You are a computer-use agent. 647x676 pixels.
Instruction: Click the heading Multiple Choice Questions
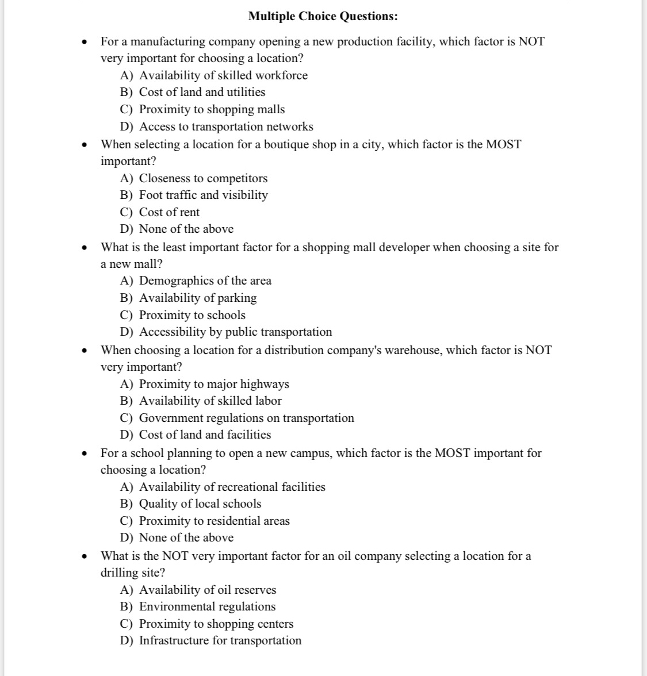(x=323, y=16)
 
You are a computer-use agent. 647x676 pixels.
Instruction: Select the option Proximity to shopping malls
(x=212, y=109)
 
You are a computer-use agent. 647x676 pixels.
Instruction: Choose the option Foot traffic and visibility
(x=203, y=195)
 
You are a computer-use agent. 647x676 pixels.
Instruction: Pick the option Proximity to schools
(x=192, y=315)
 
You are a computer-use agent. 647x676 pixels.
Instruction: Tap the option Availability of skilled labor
(x=210, y=401)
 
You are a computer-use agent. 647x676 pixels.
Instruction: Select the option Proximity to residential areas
(x=214, y=521)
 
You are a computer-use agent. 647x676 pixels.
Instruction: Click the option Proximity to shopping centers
(x=216, y=624)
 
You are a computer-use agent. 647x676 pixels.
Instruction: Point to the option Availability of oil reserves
(x=207, y=590)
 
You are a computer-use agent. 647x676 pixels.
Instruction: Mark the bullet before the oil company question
(x=85, y=556)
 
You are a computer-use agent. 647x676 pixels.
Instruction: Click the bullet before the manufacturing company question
(x=85, y=42)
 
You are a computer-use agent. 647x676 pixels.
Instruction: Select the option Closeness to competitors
(x=203, y=178)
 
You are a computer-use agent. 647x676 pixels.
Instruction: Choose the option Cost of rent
(x=169, y=212)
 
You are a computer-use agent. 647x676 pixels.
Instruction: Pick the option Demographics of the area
(x=205, y=281)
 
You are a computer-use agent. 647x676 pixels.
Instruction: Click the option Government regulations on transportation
(x=246, y=418)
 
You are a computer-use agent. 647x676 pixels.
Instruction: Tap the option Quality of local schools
(x=200, y=504)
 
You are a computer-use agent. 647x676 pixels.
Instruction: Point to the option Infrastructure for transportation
(x=220, y=640)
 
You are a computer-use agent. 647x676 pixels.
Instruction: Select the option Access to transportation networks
(x=226, y=126)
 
